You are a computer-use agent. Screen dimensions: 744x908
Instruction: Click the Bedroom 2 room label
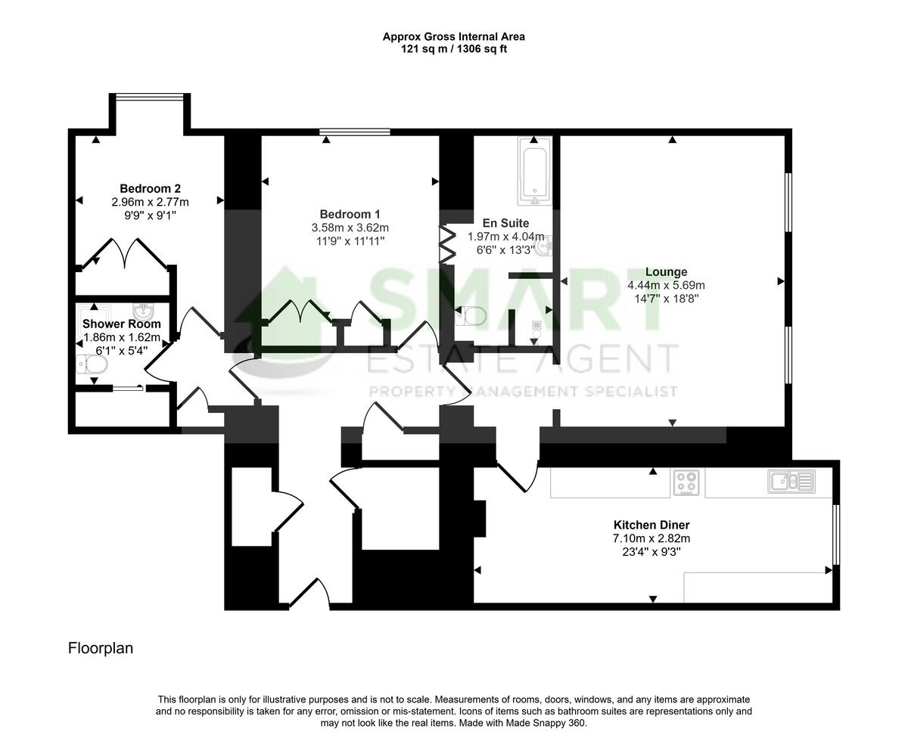pos(150,188)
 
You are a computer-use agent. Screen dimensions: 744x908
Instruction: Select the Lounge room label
pos(666,272)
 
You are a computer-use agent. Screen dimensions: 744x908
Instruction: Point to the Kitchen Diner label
pos(651,525)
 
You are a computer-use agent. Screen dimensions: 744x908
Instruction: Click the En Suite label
pos(505,223)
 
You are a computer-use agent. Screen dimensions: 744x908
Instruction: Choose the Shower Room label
pos(121,324)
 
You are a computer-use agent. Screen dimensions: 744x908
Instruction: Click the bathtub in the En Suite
pos(535,172)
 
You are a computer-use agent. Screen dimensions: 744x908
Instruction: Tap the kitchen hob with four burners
pos(686,483)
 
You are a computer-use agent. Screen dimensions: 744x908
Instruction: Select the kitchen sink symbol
pos(791,481)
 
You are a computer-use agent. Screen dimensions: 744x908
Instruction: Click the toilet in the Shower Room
pos(92,365)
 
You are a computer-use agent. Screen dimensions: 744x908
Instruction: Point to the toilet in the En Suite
pos(471,315)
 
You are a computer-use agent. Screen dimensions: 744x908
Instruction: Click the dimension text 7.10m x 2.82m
pos(651,538)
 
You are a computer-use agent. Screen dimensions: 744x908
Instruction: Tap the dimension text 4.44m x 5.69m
pos(666,286)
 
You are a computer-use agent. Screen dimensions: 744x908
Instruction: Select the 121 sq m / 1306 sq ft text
pos(453,48)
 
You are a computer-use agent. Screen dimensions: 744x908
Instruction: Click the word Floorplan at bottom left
pos(101,648)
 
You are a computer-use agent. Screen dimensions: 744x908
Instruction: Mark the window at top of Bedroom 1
pos(354,132)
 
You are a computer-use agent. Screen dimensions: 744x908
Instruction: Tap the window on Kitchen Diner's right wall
pos(835,535)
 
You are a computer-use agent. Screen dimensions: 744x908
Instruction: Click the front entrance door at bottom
pos(309,594)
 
